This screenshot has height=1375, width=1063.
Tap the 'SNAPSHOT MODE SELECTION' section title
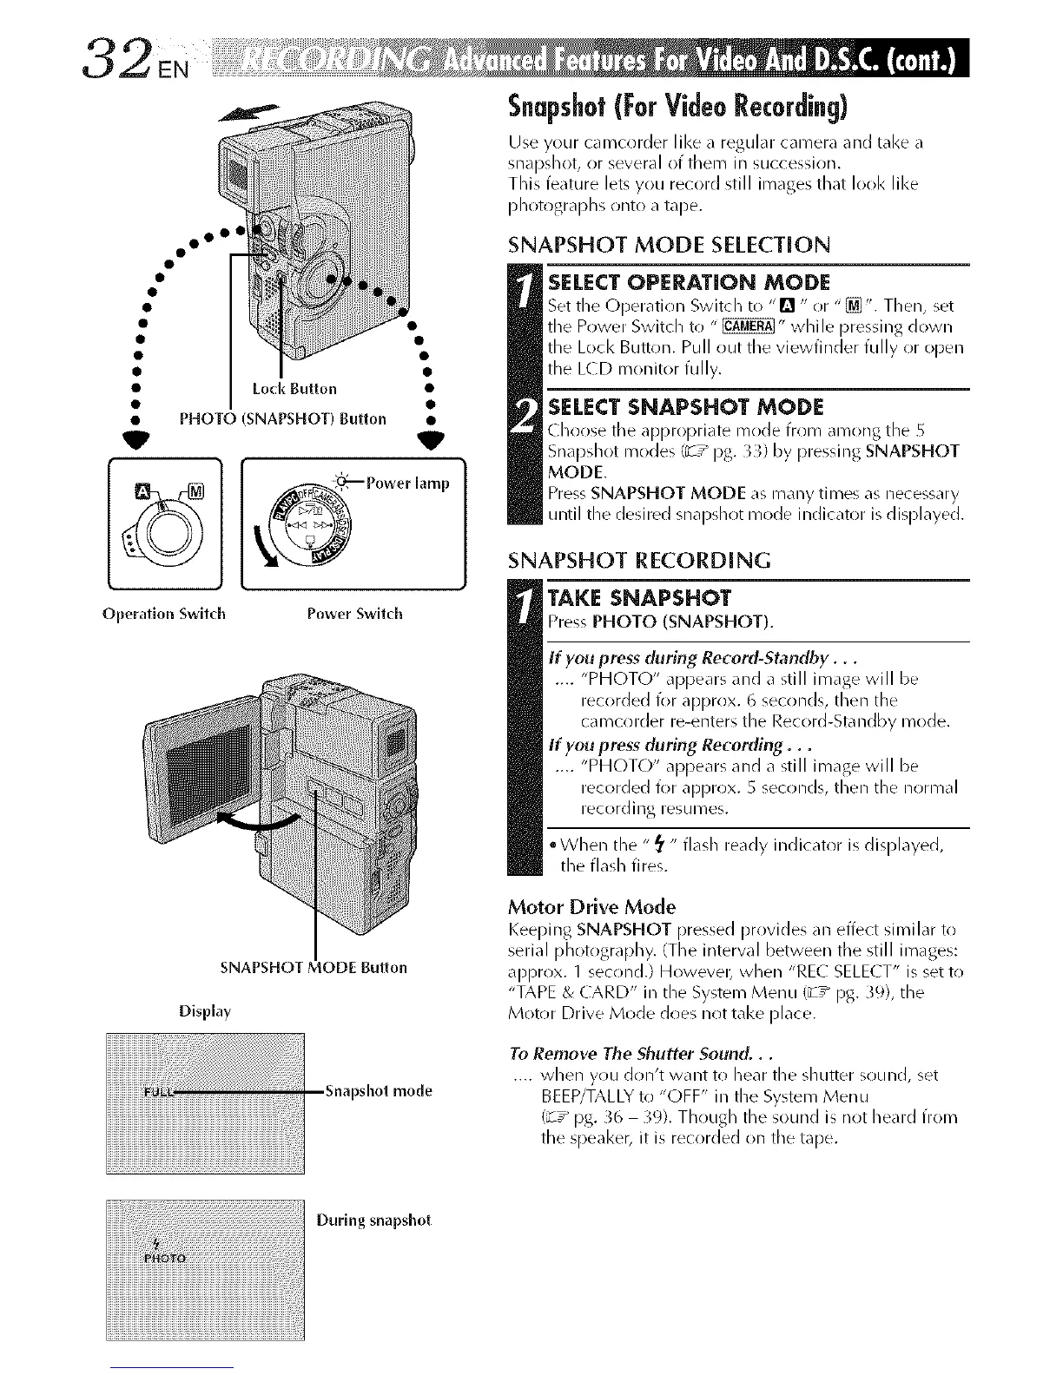point(669,245)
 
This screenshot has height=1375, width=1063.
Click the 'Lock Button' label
point(294,387)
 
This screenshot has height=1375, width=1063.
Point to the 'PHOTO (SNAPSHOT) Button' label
point(282,418)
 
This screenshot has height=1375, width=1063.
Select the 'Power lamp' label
point(408,484)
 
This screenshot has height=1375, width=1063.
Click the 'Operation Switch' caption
point(163,613)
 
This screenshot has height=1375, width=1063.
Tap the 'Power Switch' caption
point(355,613)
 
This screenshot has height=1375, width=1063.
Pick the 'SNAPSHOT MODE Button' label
point(315,967)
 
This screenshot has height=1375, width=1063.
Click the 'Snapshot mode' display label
point(378,1091)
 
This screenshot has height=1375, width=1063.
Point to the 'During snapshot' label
point(373,1220)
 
